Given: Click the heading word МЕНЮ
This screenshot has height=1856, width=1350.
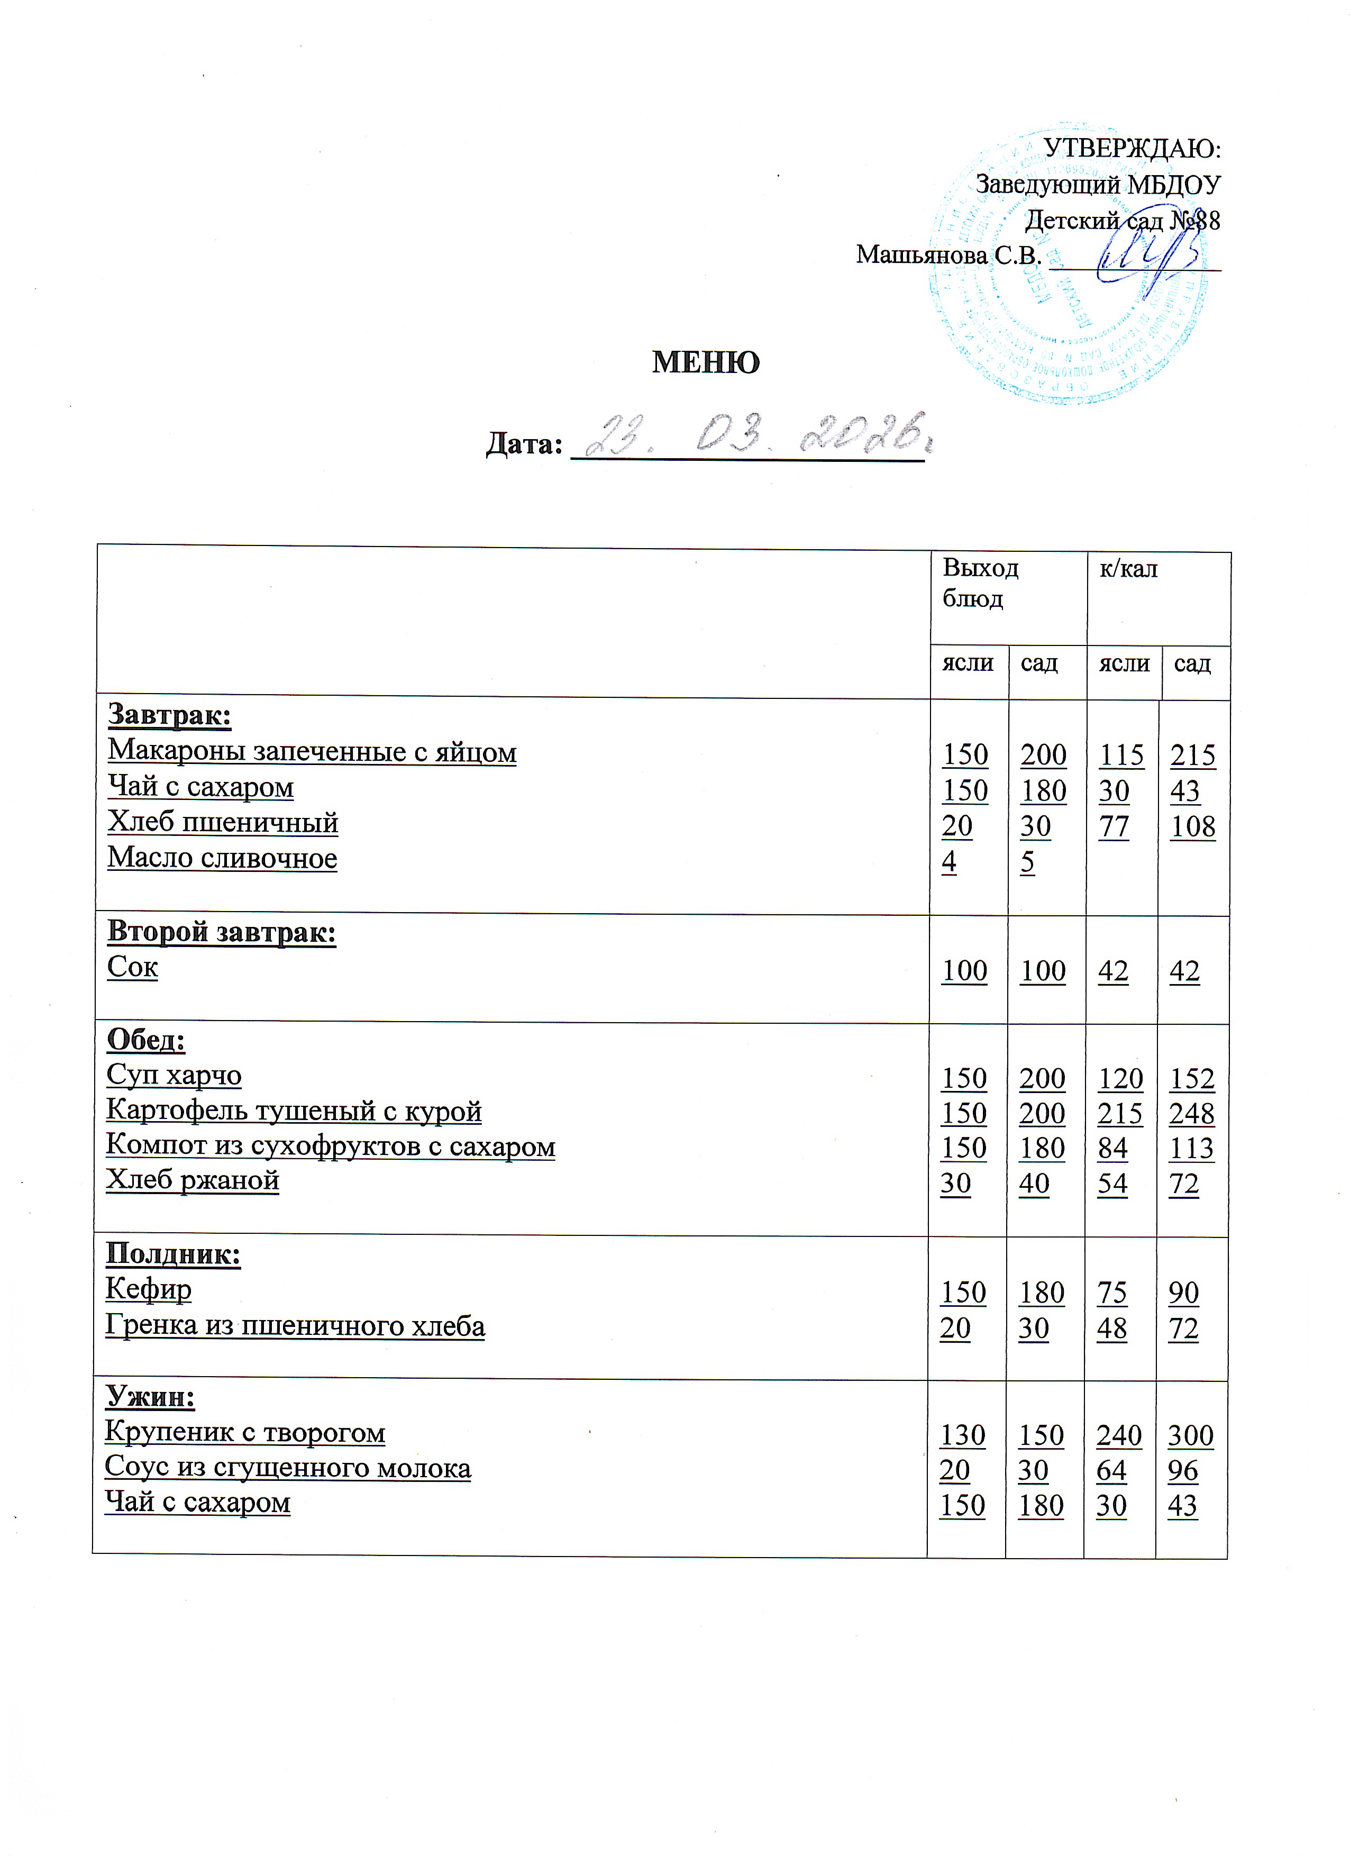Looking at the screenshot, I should tap(705, 362).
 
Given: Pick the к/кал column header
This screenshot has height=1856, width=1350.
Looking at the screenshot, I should tap(1128, 569).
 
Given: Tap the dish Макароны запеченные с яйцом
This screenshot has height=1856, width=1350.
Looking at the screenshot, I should tap(312, 751).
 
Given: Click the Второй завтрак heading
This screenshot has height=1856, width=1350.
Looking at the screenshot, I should tap(222, 932).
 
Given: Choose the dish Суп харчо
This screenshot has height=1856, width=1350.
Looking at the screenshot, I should tap(174, 1075).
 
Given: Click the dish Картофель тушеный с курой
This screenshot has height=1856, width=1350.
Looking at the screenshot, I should tap(294, 1111).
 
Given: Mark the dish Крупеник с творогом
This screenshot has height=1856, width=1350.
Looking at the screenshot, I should tap(244, 1432).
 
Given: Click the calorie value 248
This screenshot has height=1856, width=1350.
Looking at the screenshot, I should tap(1191, 1114).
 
